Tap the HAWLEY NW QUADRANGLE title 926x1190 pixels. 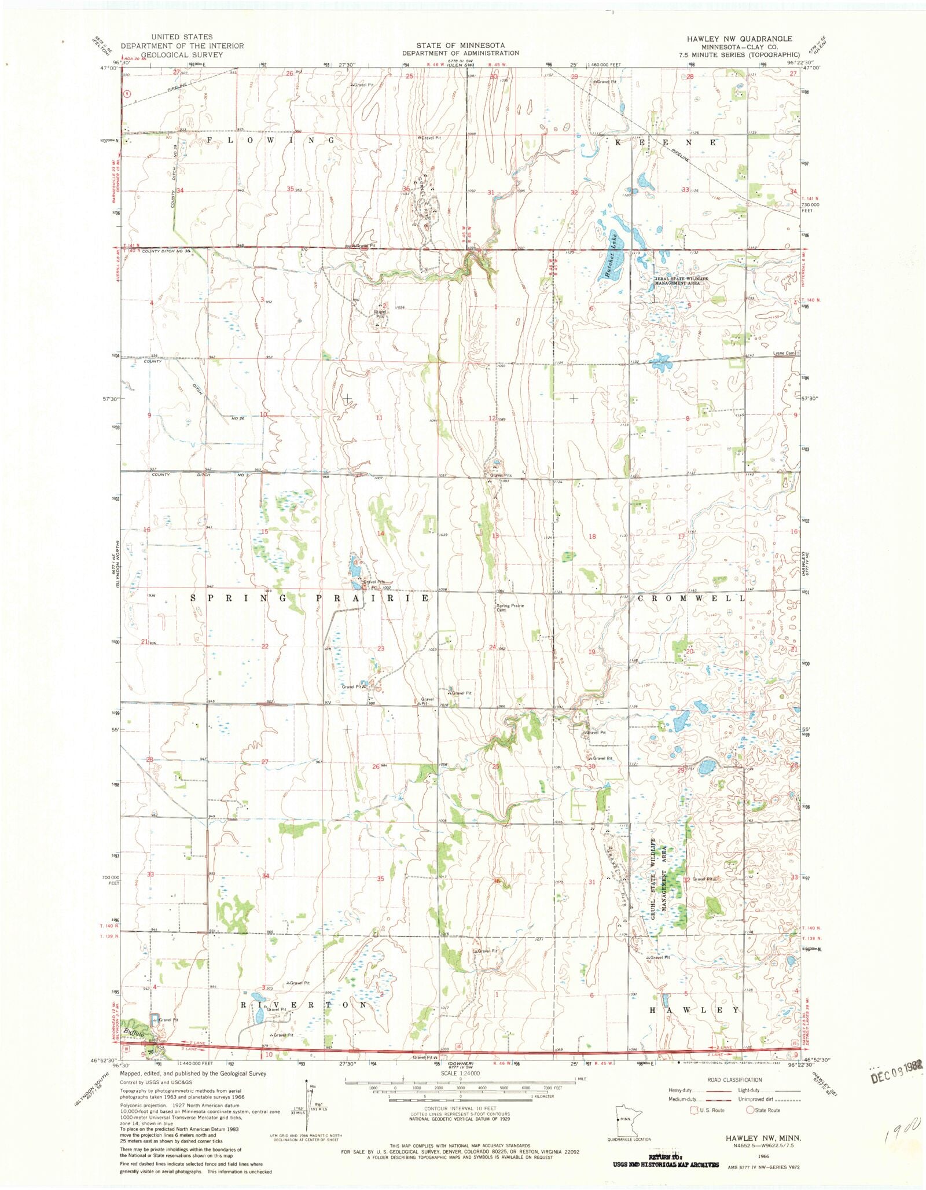coord(739,39)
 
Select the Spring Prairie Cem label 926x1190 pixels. coord(509,608)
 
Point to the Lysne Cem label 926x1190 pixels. coord(784,353)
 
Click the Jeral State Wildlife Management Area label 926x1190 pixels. coord(681,281)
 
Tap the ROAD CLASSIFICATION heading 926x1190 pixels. coord(734,1079)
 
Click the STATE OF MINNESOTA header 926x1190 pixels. coord(460,45)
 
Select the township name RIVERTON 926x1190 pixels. coord(303,1005)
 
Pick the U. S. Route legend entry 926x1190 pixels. coord(707,1110)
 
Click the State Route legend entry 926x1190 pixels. coord(763,1110)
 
